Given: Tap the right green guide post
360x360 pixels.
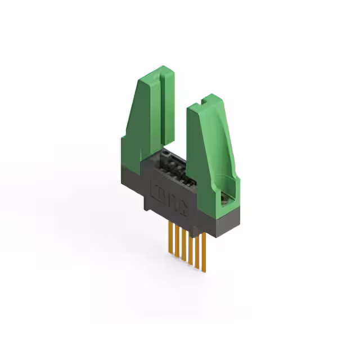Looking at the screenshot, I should [x=212, y=152].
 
